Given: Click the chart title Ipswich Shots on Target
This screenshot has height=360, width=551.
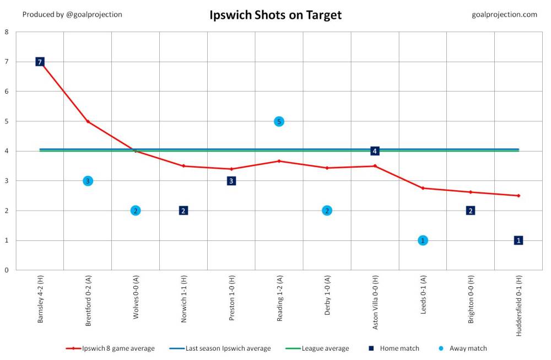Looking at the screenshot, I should tap(275, 15).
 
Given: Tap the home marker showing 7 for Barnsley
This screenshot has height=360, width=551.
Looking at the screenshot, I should tap(40, 62).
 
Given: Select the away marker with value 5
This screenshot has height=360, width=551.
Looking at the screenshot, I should tap(279, 121).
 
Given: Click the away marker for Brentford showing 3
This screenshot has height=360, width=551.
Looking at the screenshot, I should tap(88, 181).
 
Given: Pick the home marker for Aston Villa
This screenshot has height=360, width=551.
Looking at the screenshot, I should tap(375, 151).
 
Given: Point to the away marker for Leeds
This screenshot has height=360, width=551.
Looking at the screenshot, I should tap(423, 240).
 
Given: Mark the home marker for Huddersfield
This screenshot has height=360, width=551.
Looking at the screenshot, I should tap(518, 240).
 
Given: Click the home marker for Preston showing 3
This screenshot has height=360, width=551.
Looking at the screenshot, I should tap(231, 181).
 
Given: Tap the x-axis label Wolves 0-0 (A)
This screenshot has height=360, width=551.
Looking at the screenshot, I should tap(136, 303).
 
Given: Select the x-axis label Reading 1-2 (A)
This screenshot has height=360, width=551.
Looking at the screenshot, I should tap(279, 303).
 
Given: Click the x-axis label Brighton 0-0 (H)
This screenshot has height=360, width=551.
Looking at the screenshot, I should tap(471, 304).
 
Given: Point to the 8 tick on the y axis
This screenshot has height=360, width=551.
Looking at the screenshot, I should tap(7, 32).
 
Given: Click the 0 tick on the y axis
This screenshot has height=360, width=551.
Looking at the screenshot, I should tap(7, 270).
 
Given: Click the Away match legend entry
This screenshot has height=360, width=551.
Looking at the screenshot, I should tap(466, 348).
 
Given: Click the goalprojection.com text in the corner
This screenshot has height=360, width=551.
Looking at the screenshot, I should tap(504, 14).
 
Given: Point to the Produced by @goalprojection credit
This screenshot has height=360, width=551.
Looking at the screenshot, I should tap(72, 14).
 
